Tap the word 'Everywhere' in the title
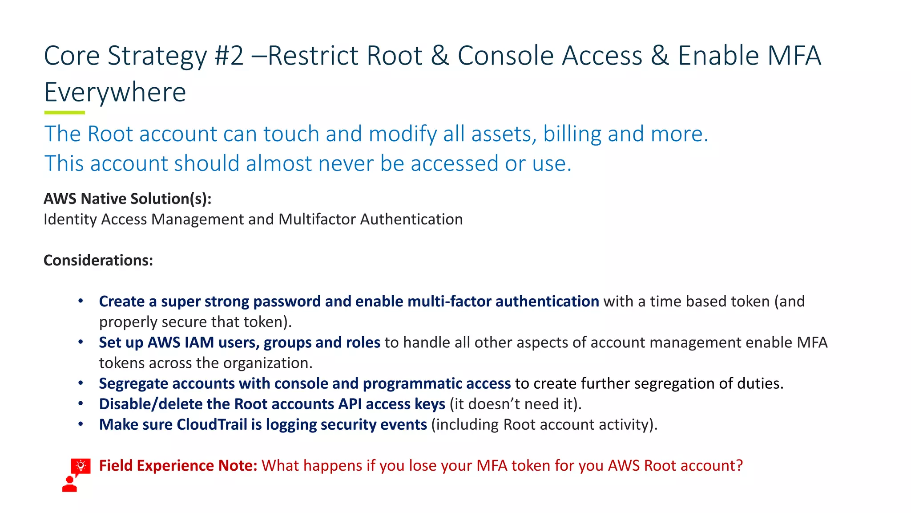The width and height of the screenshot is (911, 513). (x=115, y=93)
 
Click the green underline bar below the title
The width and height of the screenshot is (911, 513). (x=64, y=113)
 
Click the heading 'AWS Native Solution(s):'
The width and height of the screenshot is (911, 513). (x=127, y=199)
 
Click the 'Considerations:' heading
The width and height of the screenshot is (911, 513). (x=98, y=260)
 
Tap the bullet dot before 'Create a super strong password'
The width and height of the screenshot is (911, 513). (x=81, y=301)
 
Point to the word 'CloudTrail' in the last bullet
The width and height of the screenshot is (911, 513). (x=212, y=424)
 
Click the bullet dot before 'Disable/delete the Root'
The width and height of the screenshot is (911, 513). (x=81, y=403)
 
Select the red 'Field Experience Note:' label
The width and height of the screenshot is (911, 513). (x=178, y=465)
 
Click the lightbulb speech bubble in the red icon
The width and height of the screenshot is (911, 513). (x=81, y=466)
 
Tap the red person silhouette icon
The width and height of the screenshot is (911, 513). (x=69, y=484)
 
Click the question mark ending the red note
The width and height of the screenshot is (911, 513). (x=739, y=465)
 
